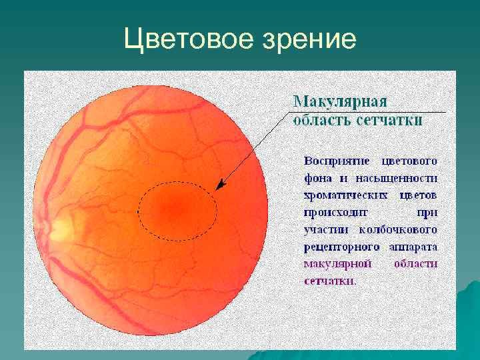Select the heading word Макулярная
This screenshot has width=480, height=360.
click(x=340, y=102)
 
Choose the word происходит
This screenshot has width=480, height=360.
click(x=331, y=213)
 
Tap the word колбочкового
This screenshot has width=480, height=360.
click(x=405, y=230)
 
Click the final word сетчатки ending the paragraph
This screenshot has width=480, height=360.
click(x=329, y=281)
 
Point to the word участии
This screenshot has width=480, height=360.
click(x=322, y=230)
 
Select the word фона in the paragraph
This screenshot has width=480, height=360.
click(x=315, y=179)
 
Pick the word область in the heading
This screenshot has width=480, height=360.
click(x=317, y=120)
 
